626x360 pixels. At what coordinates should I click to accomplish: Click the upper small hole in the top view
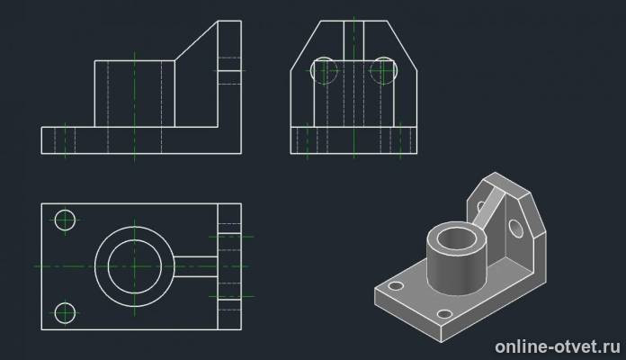(65, 220)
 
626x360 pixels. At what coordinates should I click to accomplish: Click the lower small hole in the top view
(65, 313)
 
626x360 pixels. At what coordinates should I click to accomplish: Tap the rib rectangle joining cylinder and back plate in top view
(196, 266)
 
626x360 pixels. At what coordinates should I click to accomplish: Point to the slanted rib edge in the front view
(196, 40)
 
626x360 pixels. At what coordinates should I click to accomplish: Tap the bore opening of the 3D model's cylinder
(456, 238)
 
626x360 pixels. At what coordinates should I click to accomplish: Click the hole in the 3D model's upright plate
(515, 228)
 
